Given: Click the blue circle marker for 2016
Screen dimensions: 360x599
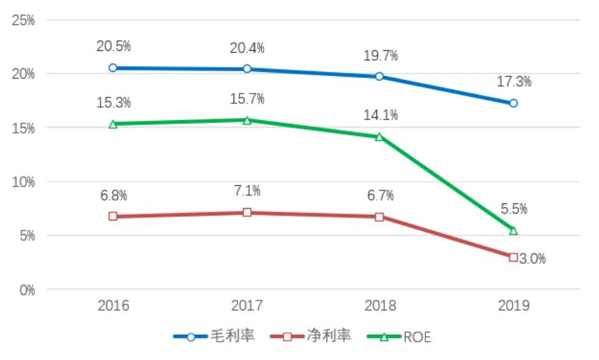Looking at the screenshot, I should click(x=113, y=68).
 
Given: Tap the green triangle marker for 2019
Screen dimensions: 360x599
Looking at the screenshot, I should click(x=514, y=231).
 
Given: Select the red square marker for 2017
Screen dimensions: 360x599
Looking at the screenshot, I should click(x=247, y=212).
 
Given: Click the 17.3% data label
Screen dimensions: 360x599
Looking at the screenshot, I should click(x=514, y=81).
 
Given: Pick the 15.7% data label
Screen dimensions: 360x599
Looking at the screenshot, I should click(x=247, y=99).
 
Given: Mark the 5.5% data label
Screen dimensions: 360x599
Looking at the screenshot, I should click(x=514, y=209).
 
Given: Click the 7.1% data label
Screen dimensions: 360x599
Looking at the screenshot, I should click(x=247, y=191).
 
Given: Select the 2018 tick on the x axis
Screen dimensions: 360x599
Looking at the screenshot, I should click(x=380, y=306).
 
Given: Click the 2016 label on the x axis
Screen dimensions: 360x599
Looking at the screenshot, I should click(x=113, y=306).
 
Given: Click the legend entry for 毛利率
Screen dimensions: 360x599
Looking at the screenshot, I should click(x=214, y=336).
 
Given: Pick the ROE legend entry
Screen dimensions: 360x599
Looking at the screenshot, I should click(x=400, y=336).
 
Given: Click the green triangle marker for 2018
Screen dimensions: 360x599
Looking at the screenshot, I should click(x=380, y=137).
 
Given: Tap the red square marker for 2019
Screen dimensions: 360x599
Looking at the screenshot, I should click(x=514, y=257).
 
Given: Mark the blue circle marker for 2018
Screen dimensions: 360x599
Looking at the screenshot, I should click(x=380, y=76).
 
